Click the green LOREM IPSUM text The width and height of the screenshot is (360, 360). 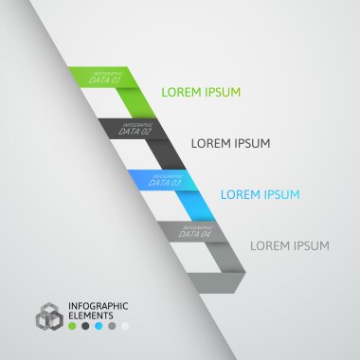201,93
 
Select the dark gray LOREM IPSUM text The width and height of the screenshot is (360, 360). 231,144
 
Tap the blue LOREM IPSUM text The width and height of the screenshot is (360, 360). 261,195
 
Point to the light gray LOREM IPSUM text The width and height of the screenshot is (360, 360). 290,246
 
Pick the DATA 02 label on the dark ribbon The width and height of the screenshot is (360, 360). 136,131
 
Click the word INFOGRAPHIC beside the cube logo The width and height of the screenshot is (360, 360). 99,305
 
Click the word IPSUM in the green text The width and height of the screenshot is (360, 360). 223,93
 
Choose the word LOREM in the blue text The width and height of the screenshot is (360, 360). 241,195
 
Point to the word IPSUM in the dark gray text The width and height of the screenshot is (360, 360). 253,144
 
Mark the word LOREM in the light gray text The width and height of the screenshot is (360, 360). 270,246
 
